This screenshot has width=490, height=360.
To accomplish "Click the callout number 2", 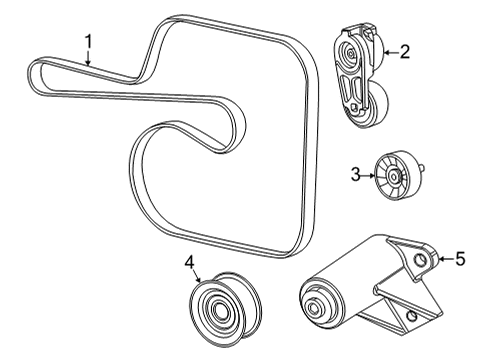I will tap(404, 51).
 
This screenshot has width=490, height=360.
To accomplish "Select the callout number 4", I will tap(189, 262).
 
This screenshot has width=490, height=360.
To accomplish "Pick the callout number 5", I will tap(460, 260).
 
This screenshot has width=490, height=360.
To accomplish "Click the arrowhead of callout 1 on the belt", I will tap(89, 66).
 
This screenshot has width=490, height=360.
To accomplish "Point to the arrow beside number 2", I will tap(387, 51).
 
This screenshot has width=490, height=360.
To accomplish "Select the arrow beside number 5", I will tap(442, 260).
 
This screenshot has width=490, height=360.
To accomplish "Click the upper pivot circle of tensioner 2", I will tap(349, 51).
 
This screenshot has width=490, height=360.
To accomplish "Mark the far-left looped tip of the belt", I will tap(33, 71).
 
